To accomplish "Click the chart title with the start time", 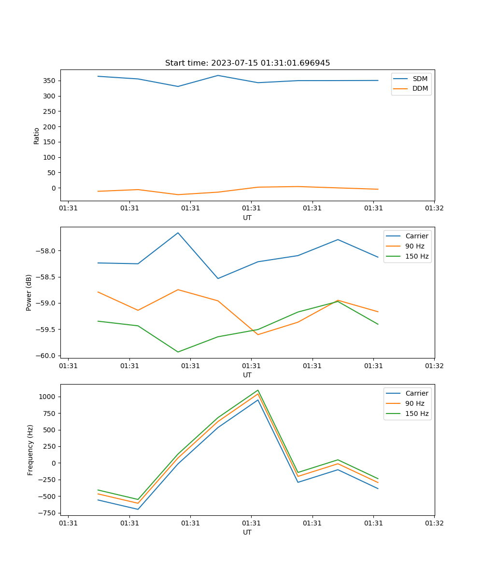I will [247, 63].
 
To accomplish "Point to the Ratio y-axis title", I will [37, 136].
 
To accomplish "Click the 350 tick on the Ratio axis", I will [50, 81].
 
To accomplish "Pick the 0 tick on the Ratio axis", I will [53, 188].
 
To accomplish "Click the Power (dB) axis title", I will [29, 292].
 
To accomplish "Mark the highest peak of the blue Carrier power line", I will [178, 233].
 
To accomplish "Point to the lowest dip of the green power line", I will [178, 352].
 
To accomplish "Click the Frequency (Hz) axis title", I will [30, 450].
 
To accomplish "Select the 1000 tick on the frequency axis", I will [48, 397].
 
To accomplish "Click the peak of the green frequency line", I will [258, 390].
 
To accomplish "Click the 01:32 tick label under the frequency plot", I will [434, 523].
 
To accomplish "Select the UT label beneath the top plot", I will [247, 218].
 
